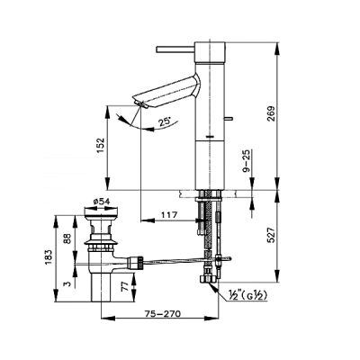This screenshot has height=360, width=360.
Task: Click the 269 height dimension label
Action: pos(272,113)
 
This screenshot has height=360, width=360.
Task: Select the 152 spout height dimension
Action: pos(101,146)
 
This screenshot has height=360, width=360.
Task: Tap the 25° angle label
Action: pos(165,121)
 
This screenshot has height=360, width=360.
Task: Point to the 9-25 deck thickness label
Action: pos(247,161)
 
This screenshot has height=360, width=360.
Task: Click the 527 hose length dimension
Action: pos(272,236)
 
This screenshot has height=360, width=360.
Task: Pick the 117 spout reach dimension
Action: pos(169,215)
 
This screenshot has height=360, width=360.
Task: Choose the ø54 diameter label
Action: pos(101,202)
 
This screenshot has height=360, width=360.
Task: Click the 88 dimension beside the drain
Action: pos(67,238)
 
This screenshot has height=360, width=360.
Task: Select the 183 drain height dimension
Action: pos(49,256)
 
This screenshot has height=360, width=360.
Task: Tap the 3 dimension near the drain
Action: pos(67,283)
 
